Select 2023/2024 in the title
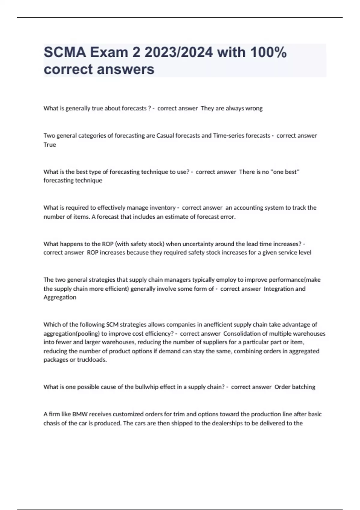pos(178,52)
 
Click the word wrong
pos(254,108)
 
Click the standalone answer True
pos(50,145)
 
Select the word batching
pos(303,387)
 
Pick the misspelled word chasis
pos(52,423)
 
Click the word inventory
pos(162,208)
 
